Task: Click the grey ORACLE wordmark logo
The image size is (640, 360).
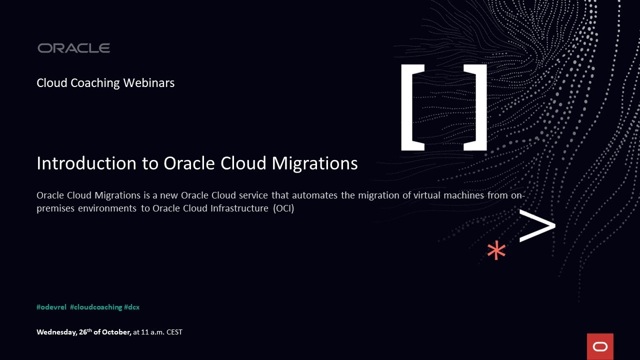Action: click(73, 48)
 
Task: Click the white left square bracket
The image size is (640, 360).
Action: click(412, 107)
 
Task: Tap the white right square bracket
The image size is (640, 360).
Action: click(475, 107)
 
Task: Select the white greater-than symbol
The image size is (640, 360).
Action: click(537, 225)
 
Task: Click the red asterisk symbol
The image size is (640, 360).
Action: click(496, 250)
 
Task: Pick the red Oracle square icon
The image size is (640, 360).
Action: click(600, 346)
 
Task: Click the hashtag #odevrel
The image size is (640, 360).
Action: click(51, 307)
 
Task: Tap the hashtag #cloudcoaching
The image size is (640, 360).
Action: click(96, 307)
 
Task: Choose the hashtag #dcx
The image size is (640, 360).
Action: click(132, 307)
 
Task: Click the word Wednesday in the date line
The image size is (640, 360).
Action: click(56, 332)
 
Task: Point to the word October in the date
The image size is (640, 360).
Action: click(116, 332)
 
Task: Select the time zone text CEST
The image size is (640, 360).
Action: click(174, 332)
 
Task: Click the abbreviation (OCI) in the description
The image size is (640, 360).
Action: click(283, 208)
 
